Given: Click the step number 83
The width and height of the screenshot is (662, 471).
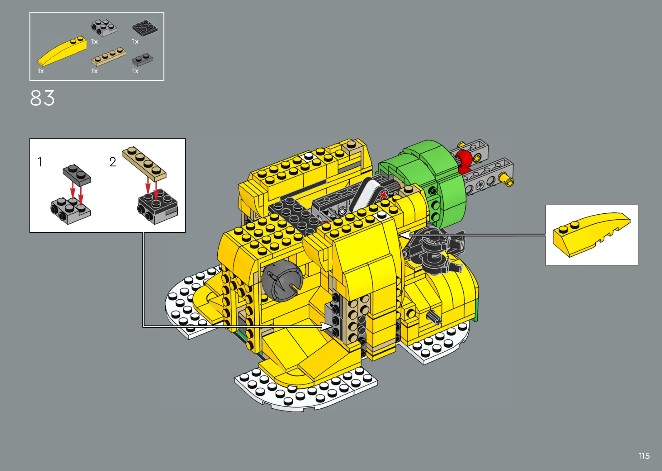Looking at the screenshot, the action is [x=42, y=98].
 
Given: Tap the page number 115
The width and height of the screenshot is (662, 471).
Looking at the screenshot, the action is [x=644, y=456].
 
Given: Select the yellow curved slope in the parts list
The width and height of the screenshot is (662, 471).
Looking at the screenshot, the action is [x=62, y=51].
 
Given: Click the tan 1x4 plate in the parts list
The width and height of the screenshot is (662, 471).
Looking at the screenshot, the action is [x=108, y=56].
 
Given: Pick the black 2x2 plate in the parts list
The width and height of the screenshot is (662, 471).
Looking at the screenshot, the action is [x=144, y=28].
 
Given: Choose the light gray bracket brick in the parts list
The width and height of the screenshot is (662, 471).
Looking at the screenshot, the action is [x=104, y=28].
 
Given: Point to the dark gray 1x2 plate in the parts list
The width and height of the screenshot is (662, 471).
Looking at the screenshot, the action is [x=142, y=60].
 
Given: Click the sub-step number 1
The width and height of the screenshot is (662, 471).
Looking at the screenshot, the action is [x=40, y=162].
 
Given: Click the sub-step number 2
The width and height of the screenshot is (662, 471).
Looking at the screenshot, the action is [x=112, y=162].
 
